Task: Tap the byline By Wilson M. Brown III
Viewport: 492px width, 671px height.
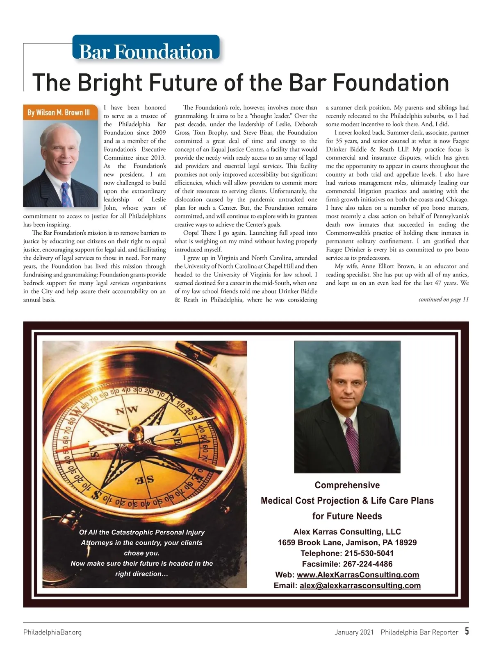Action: tap(59, 112)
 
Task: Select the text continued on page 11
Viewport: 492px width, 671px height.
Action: tap(443, 299)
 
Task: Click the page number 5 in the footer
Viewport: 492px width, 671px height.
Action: tap(467, 631)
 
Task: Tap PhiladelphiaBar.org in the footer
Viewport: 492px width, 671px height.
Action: tap(52, 632)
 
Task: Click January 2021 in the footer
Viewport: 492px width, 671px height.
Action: tap(354, 632)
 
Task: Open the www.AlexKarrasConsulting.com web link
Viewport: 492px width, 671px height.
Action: tap(358, 575)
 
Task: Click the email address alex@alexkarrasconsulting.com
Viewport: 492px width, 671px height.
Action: tap(360, 585)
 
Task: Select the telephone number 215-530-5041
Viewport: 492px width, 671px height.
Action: tap(369, 553)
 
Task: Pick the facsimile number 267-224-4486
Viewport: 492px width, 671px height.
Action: tap(368, 564)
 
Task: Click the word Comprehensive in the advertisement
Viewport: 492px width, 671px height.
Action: tap(347, 485)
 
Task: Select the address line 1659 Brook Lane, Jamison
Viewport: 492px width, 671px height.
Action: tap(347, 542)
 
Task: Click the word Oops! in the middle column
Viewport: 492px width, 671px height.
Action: tap(191, 233)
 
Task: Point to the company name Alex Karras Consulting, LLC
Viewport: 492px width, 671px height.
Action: tap(347, 532)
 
